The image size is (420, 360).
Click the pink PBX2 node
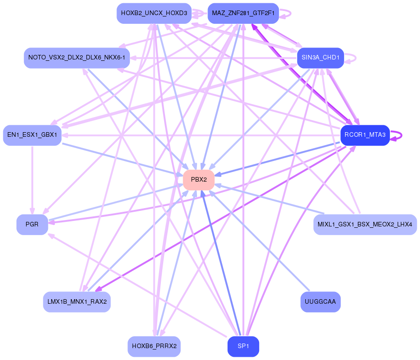[x=199, y=180]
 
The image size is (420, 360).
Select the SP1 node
[x=243, y=346]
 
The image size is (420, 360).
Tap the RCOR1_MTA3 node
[x=365, y=135]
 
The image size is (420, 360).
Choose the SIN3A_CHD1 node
[x=320, y=58]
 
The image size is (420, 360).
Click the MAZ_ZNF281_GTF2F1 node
[x=243, y=13]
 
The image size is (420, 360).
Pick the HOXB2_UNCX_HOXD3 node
[x=154, y=13]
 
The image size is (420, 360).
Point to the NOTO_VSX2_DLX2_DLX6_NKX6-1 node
[x=77, y=58]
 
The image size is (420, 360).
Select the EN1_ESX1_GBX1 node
[x=32, y=135]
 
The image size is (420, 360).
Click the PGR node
[x=32, y=225]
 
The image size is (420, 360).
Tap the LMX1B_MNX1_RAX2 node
[x=77, y=302]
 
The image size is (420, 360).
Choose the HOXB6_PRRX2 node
[x=154, y=346]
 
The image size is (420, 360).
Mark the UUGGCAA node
[x=320, y=302]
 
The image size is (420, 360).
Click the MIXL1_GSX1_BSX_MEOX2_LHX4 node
[x=365, y=225]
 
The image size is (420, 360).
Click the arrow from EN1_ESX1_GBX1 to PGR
[x=32, y=178]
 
